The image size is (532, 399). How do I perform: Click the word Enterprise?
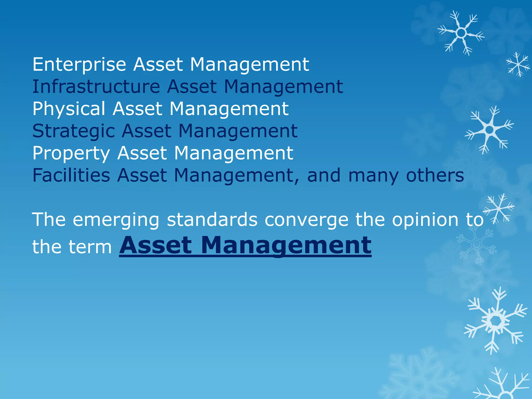coord(79,65)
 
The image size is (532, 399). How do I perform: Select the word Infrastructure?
coord(96,87)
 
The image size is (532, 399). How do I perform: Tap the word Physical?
coord(69,109)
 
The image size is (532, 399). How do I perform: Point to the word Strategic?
coord(74,131)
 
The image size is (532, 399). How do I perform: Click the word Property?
coord(71,153)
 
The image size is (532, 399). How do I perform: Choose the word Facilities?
coord(71,175)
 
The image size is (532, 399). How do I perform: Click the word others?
coord(435,175)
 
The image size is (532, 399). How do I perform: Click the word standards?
coord(212,220)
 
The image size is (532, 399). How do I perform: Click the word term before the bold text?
coord(90,247)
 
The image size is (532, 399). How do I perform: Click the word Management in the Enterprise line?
coord(249,65)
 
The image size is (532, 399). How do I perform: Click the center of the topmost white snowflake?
coord(461,33)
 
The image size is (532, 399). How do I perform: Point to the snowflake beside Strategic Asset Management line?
coord(489,130)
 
